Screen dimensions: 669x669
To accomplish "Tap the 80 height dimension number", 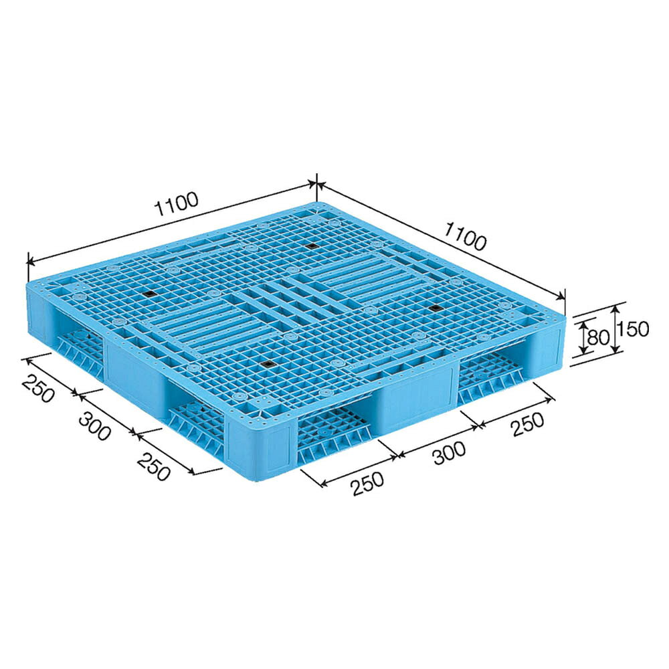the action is pyautogui.click(x=597, y=338).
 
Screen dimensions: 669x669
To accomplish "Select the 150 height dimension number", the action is pyautogui.click(x=634, y=329).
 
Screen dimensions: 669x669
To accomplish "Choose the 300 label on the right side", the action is pyautogui.click(x=450, y=453).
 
